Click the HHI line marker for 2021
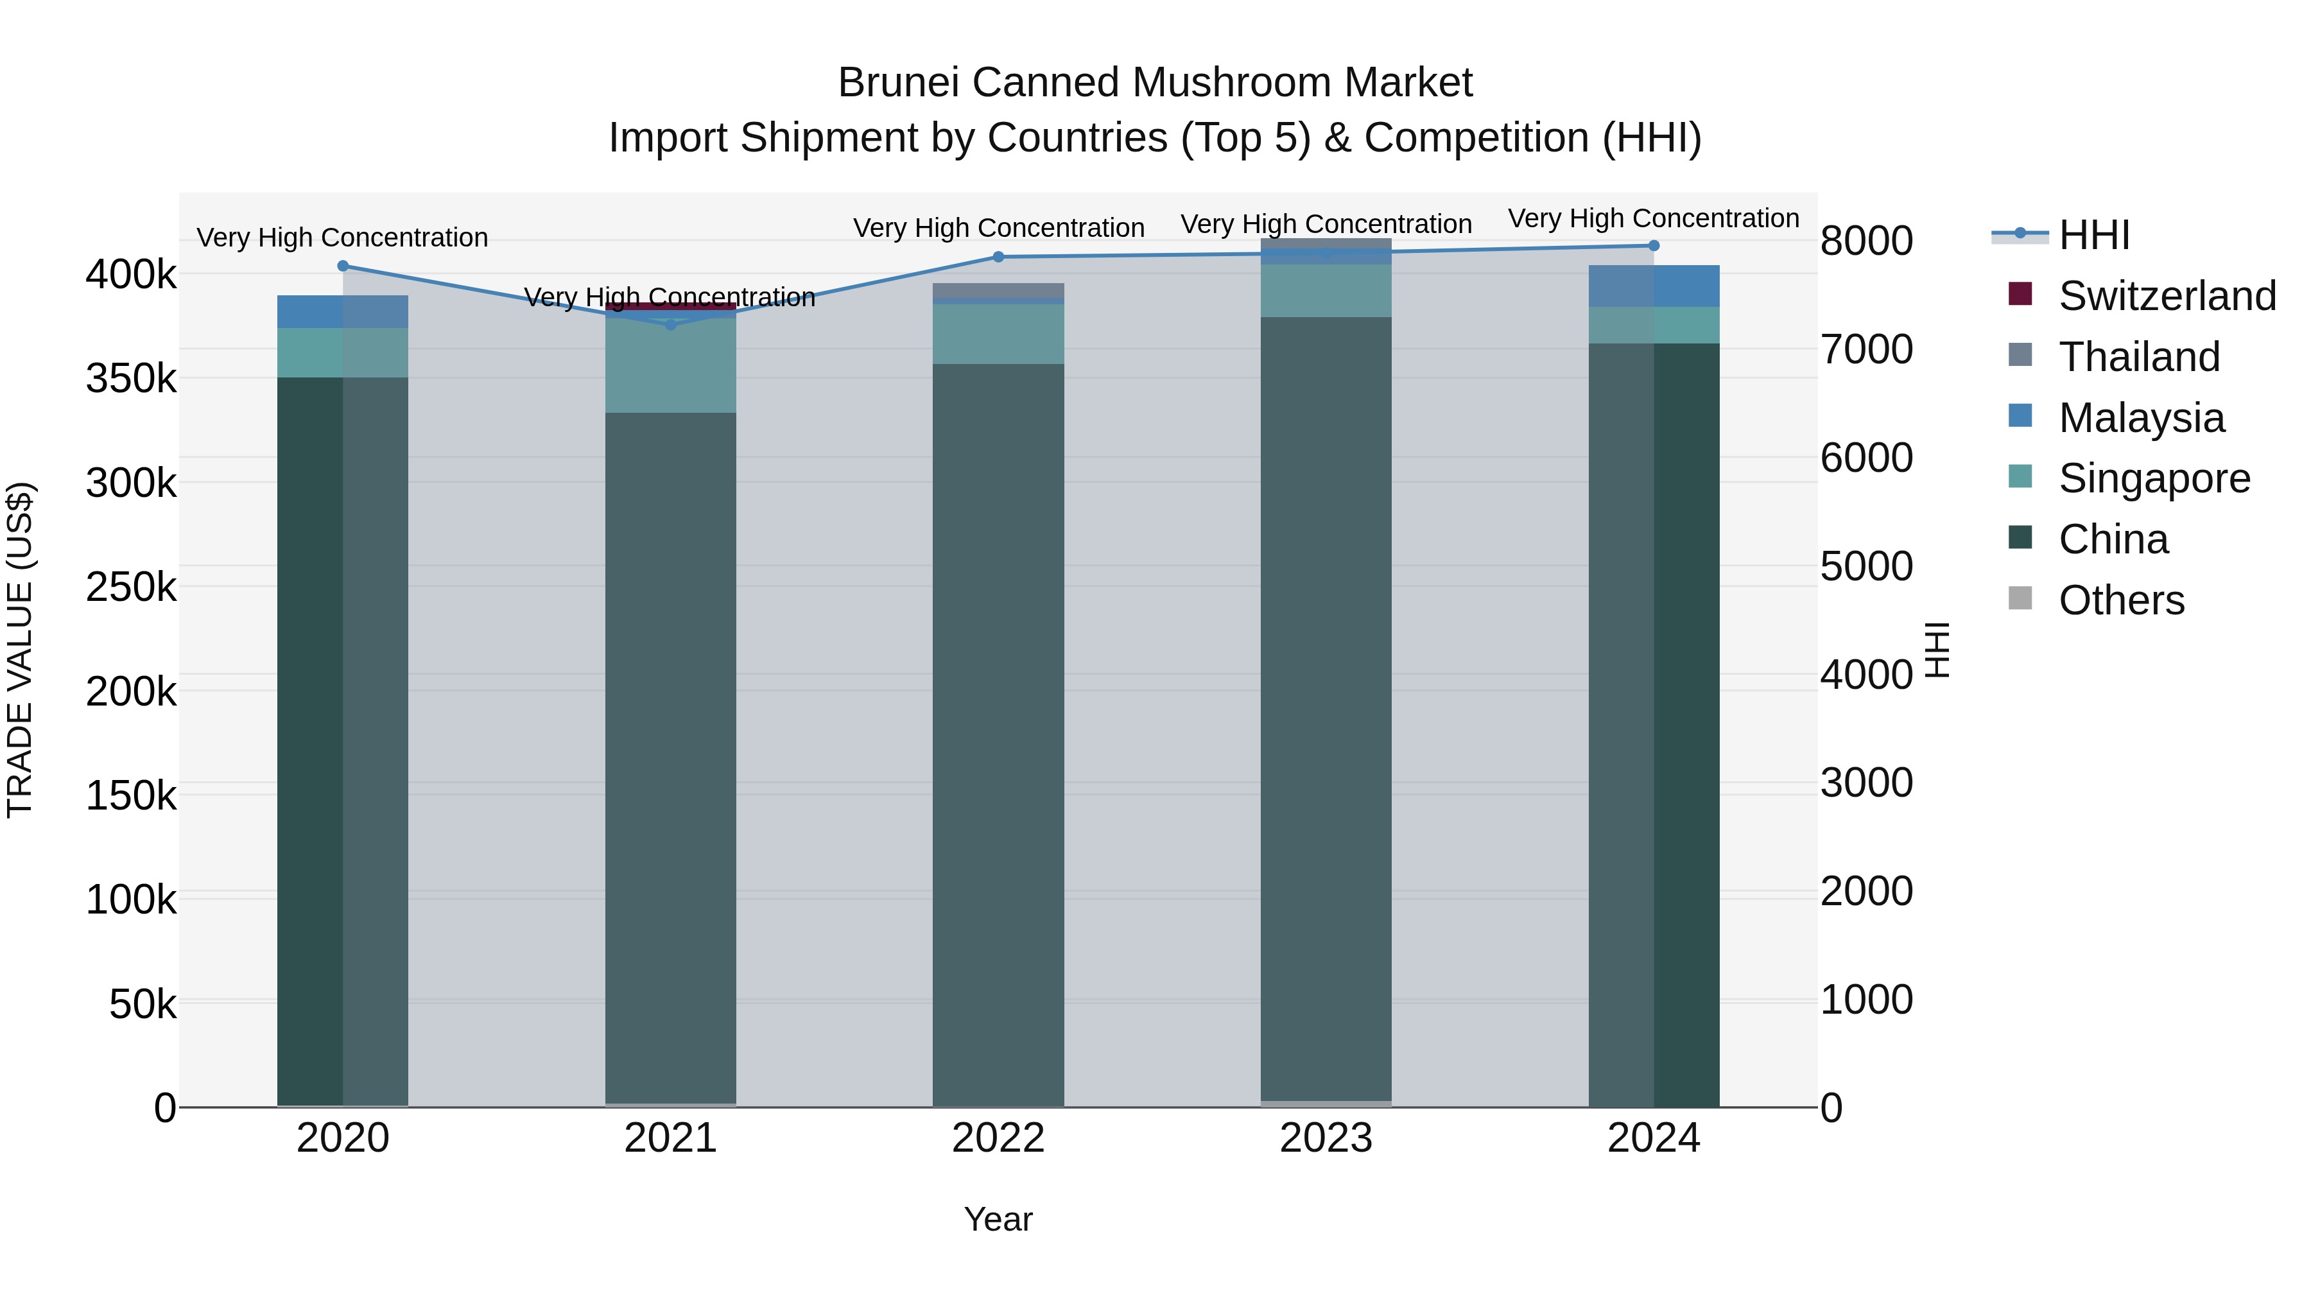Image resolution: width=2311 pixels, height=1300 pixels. tap(670, 325)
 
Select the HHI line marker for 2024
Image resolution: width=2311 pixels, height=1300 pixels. tap(1654, 246)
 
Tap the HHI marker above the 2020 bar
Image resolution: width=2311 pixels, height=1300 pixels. tap(343, 266)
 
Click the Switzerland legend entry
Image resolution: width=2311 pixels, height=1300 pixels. tap(2166, 296)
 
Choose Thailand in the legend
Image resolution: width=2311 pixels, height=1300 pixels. tap(2139, 357)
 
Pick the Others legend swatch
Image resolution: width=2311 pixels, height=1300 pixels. tap(2020, 598)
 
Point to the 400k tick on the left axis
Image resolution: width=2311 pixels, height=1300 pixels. tap(131, 275)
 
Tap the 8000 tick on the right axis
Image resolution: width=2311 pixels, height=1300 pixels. tap(1866, 241)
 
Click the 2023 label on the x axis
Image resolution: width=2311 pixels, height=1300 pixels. tap(1326, 1138)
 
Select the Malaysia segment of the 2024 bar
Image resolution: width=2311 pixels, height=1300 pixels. tap(1654, 286)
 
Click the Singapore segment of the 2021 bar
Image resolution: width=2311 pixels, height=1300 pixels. tap(670, 366)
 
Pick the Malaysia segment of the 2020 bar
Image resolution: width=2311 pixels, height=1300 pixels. tap(343, 311)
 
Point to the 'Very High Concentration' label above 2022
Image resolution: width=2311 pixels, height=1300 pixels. tap(998, 228)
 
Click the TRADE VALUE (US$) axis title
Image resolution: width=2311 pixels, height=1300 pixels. tap(20, 650)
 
